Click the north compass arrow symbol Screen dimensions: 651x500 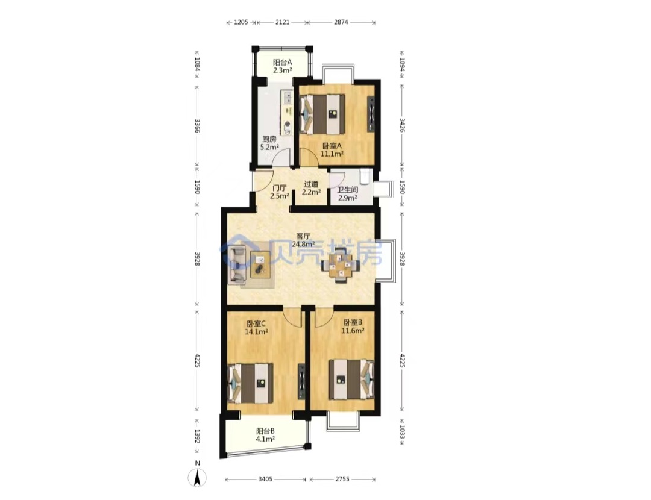point(197,477)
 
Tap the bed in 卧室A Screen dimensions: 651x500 point(322,114)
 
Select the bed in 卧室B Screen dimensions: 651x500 point(351,380)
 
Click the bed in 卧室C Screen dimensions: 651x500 point(251,383)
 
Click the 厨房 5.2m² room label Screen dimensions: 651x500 point(269,143)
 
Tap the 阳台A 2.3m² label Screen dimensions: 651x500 point(282,66)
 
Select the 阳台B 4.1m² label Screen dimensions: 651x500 point(265,435)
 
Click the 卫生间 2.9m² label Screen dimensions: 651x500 point(348,194)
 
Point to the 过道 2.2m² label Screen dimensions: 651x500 point(311,188)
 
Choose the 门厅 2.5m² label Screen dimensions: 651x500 point(280,192)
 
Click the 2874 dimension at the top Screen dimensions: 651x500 point(341,22)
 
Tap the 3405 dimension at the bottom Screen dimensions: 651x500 point(265,479)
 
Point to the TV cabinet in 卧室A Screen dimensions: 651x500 point(371,114)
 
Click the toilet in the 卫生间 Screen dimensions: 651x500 point(365,175)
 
